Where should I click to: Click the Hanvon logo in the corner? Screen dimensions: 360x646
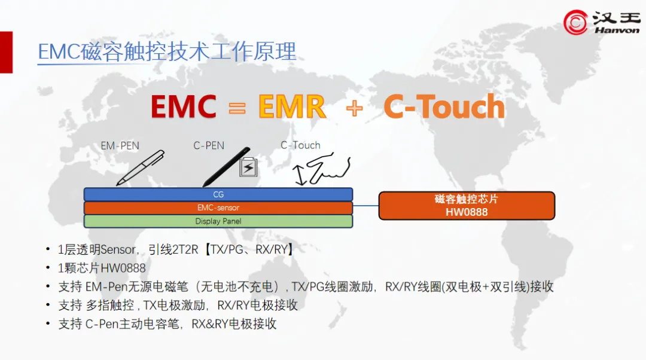coord(601,22)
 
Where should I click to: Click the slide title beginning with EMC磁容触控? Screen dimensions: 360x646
coord(167,52)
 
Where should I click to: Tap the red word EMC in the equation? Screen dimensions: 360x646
coord(183,107)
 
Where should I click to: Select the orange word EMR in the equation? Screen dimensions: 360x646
coord(292,107)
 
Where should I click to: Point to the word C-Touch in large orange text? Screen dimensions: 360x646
coord(444,107)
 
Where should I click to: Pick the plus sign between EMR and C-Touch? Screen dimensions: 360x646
coord(354,109)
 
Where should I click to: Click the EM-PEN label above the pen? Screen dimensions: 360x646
coord(120,145)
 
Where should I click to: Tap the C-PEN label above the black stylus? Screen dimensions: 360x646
coord(209,145)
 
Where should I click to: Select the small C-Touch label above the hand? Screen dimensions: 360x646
coord(300,145)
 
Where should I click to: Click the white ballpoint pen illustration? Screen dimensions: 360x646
coord(140,167)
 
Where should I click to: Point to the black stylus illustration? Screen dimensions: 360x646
coord(226,167)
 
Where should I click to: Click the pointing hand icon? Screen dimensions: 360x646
coord(327,170)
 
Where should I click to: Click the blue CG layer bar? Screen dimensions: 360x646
coord(218,194)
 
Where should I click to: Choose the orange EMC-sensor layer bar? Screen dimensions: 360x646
coord(218,208)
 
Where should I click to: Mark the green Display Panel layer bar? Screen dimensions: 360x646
coord(218,221)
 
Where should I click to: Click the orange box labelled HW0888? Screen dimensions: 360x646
coord(467,205)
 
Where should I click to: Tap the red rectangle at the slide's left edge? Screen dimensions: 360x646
coord(6,52)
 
